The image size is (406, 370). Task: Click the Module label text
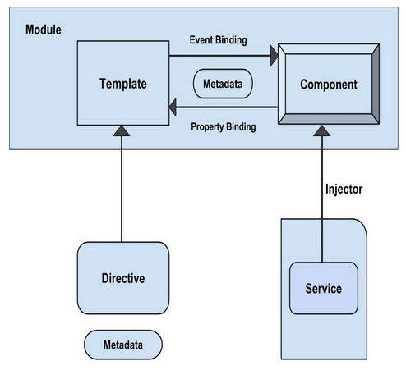(44, 30)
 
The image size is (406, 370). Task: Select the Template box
(123, 83)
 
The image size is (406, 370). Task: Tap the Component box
(329, 84)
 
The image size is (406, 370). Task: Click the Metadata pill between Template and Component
(223, 84)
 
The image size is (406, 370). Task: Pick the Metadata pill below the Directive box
(123, 345)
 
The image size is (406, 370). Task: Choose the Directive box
(123, 278)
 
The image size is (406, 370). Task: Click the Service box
(324, 288)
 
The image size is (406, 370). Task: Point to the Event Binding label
(219, 40)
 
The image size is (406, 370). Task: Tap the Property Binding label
(224, 127)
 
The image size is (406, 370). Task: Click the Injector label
(344, 190)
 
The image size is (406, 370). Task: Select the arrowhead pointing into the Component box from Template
(274, 56)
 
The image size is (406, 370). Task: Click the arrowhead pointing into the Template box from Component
(173, 107)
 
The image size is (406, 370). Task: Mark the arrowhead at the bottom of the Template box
(122, 130)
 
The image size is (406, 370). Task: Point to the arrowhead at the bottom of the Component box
(322, 130)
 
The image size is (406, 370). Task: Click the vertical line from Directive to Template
(122, 189)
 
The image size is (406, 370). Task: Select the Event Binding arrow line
(219, 56)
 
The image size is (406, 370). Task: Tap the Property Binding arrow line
(227, 107)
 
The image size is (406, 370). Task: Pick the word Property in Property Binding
(207, 127)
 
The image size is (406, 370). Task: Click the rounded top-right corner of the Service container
(363, 223)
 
